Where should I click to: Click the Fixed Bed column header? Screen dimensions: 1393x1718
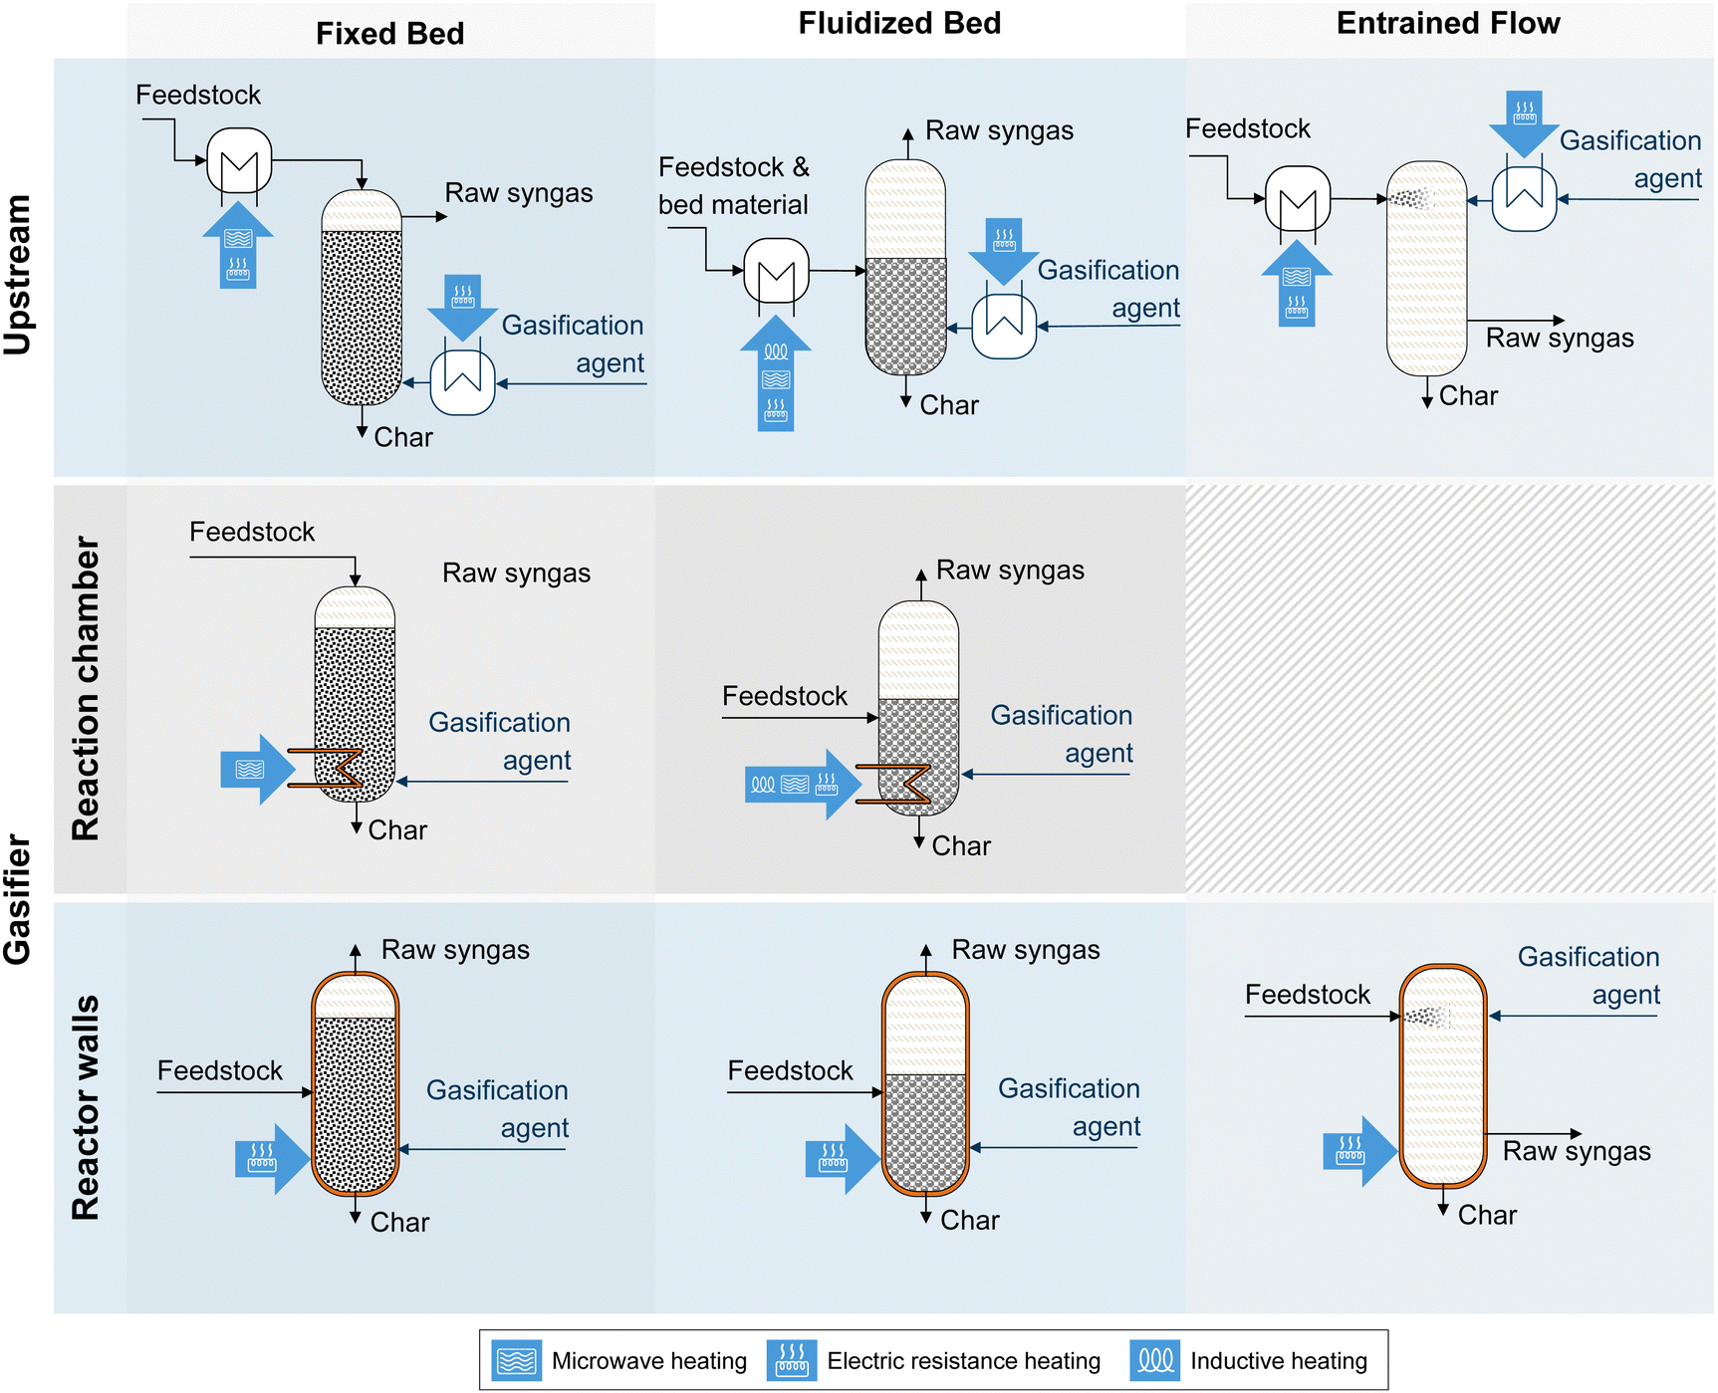tap(389, 33)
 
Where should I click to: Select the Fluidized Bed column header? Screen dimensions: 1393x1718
tap(899, 23)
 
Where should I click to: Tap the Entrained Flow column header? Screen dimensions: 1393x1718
tap(1447, 23)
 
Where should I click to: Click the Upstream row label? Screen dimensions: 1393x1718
tap(18, 274)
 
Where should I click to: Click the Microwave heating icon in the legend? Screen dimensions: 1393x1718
tap(517, 1360)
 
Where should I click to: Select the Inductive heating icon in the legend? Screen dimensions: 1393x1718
tap(1155, 1360)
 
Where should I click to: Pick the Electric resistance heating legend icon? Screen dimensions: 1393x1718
tap(792, 1360)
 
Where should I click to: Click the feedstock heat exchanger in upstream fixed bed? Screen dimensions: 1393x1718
tap(239, 161)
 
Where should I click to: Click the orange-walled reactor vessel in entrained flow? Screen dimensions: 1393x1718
tap(1442, 1075)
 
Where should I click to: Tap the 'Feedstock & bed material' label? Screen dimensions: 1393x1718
tap(734, 185)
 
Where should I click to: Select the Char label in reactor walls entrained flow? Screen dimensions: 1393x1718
tap(1487, 1215)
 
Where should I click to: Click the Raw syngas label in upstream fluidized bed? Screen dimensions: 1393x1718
tap(999, 130)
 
